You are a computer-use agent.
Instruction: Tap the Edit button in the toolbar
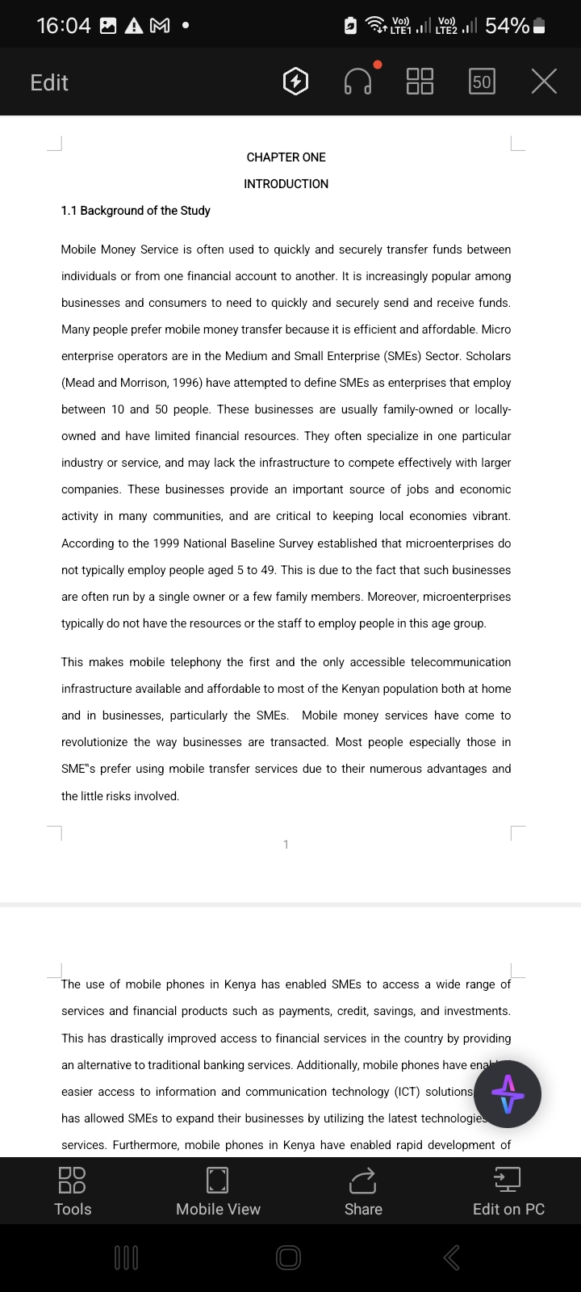click(x=49, y=82)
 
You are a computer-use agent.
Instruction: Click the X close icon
click(x=544, y=81)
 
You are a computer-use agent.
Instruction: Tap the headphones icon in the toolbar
click(x=358, y=81)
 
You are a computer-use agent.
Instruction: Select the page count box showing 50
click(x=482, y=82)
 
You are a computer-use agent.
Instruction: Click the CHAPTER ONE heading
click(x=286, y=157)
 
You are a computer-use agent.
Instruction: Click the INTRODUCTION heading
click(x=286, y=184)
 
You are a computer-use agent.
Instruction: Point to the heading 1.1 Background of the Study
click(x=136, y=211)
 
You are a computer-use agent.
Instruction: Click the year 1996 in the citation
click(x=188, y=383)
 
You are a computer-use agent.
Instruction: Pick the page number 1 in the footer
click(x=286, y=845)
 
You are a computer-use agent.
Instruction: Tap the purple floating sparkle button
click(x=507, y=1094)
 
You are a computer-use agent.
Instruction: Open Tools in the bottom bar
click(x=73, y=1191)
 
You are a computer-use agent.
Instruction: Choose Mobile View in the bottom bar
click(x=218, y=1191)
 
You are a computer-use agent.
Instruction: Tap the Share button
click(x=363, y=1191)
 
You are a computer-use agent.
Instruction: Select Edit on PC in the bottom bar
click(x=508, y=1191)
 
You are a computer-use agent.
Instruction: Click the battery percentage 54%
click(x=507, y=26)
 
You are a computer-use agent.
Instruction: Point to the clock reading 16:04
click(x=64, y=26)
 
